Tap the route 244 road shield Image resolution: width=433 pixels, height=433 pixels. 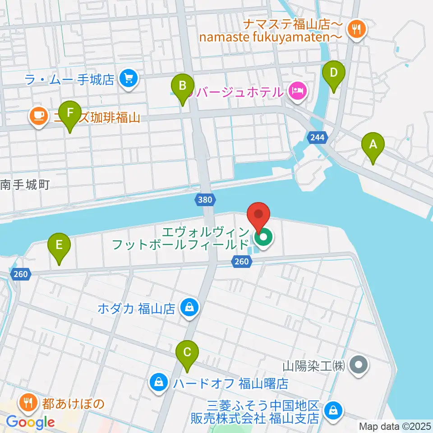coord(318,137)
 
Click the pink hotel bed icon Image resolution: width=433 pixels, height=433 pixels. coord(297,92)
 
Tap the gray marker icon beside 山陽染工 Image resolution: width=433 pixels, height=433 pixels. coord(359,365)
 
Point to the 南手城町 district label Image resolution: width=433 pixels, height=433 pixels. coord(25,184)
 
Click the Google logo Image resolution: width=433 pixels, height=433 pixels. coord(30,422)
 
